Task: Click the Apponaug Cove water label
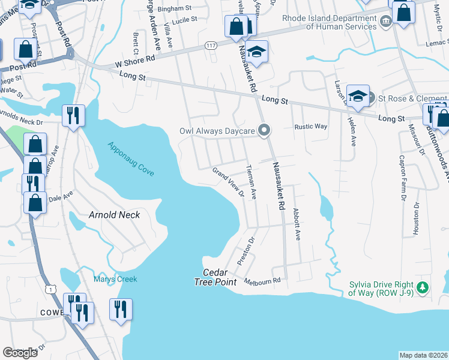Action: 131,159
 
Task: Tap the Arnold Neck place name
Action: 114,215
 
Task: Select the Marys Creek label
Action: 115,279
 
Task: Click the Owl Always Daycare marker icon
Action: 263,130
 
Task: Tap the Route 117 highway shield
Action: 210,46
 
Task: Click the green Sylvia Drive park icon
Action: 423,288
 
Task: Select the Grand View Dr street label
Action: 228,182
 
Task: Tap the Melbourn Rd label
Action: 264,281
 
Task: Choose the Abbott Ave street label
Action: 297,224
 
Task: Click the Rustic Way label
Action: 310,127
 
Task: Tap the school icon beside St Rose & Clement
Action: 358,97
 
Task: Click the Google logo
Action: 20,353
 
